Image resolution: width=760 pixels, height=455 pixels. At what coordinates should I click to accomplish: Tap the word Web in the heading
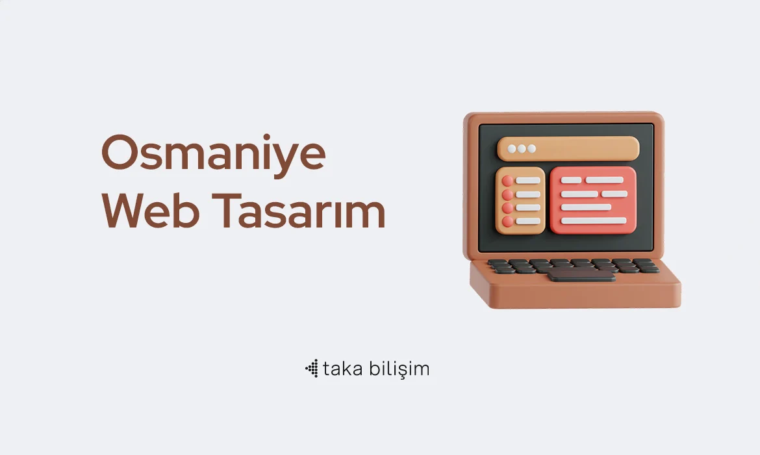pos(150,211)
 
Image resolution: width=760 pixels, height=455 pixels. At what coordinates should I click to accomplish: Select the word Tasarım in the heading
pos(299,211)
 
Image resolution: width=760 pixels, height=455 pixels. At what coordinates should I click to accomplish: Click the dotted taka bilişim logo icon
pos(312,369)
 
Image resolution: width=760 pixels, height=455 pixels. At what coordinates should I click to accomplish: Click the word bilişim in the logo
pos(399,369)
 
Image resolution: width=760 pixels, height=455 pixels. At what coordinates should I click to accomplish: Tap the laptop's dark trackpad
pos(581,275)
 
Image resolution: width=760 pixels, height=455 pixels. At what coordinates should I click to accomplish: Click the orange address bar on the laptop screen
pos(568,148)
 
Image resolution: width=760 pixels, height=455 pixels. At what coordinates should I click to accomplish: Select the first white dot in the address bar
pos(512,149)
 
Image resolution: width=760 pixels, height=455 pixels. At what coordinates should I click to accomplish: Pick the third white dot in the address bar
pos(532,149)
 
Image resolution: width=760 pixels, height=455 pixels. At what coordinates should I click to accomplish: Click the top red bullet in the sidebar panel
pos(507,181)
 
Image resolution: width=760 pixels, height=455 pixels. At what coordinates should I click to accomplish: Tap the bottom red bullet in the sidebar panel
pos(507,222)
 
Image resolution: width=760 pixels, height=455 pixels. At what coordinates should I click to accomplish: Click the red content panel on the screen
pos(593,200)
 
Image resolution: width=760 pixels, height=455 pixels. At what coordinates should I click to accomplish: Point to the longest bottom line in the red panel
pos(594,221)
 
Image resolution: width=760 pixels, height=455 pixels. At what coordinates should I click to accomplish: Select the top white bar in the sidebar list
pos(528,181)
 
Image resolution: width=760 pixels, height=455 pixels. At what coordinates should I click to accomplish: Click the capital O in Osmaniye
pos(118,152)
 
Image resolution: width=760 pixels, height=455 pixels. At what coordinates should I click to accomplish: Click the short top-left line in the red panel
pos(571,180)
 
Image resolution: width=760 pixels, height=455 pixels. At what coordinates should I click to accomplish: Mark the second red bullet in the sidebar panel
pos(507,194)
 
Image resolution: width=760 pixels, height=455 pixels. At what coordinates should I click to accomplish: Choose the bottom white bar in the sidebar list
pos(528,221)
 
